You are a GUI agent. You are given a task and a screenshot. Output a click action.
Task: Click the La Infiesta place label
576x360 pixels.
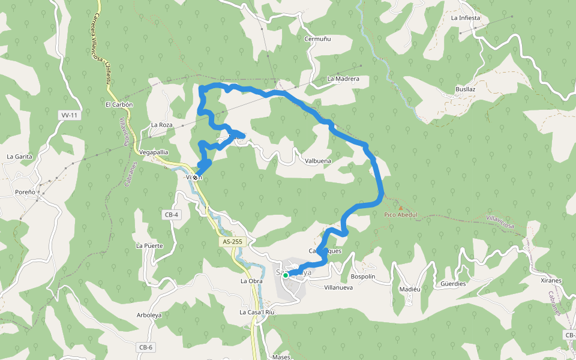[466, 18]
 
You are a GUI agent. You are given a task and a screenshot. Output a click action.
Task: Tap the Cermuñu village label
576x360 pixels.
[318, 39]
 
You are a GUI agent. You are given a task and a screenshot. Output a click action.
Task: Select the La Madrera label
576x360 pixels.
[343, 79]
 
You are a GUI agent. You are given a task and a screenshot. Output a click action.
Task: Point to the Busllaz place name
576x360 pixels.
[465, 89]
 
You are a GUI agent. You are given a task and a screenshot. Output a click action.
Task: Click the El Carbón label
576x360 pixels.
[119, 104]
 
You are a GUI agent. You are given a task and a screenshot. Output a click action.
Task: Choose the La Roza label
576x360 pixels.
[161, 125]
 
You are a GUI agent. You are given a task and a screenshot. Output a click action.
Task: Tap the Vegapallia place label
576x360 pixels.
[153, 152]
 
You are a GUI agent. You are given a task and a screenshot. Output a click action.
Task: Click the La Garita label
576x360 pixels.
[19, 157]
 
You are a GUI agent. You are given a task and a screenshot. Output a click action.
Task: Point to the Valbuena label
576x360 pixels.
[318, 161]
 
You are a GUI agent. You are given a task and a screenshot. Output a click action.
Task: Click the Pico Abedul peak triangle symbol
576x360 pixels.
[401, 208]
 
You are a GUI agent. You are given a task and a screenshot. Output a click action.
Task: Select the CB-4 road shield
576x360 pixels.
[171, 214]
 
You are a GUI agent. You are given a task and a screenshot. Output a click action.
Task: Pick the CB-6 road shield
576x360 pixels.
[146, 347]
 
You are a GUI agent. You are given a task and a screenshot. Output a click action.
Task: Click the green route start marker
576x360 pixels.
[286, 275]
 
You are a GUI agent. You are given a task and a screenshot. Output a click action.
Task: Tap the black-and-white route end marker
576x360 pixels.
[195, 178]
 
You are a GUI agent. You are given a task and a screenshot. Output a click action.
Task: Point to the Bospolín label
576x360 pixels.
[362, 277]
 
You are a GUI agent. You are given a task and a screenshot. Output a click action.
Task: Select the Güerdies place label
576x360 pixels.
[453, 284]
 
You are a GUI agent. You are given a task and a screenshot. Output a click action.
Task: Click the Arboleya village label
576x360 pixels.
[149, 314]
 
